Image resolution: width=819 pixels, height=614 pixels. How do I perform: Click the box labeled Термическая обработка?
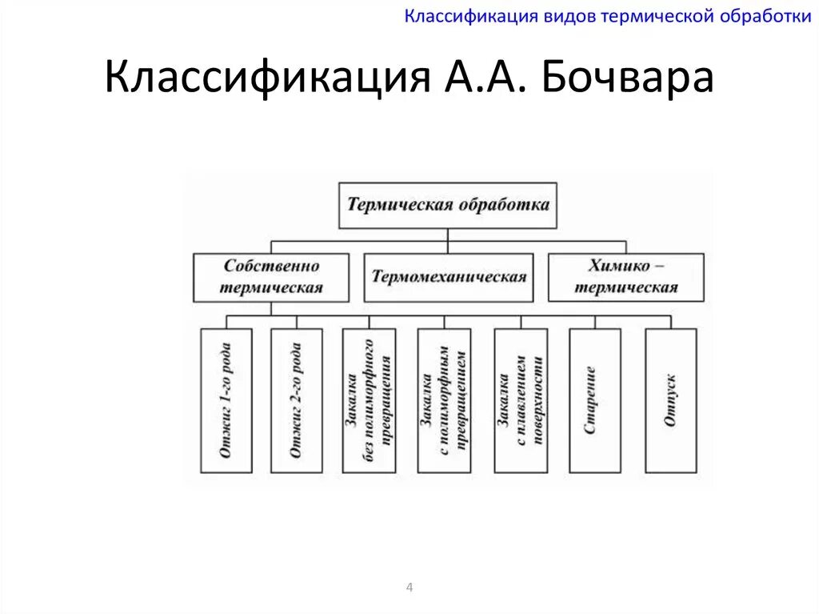(x=448, y=204)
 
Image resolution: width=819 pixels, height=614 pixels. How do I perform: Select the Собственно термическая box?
(x=271, y=277)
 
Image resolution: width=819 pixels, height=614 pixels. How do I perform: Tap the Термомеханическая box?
(x=448, y=277)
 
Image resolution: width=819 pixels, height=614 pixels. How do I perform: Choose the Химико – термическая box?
(x=625, y=277)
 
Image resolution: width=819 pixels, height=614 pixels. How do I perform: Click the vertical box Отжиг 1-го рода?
(x=226, y=400)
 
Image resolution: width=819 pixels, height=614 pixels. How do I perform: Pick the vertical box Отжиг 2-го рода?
(x=296, y=400)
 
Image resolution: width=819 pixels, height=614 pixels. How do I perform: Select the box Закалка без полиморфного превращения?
(x=369, y=400)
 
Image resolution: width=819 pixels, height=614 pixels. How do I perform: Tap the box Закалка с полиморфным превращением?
(x=444, y=400)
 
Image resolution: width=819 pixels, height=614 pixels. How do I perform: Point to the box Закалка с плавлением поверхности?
(x=520, y=400)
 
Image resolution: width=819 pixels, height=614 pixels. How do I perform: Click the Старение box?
(x=594, y=400)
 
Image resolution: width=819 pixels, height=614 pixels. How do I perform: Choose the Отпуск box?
(x=670, y=400)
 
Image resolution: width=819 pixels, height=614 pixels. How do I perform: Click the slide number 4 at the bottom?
(x=409, y=588)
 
